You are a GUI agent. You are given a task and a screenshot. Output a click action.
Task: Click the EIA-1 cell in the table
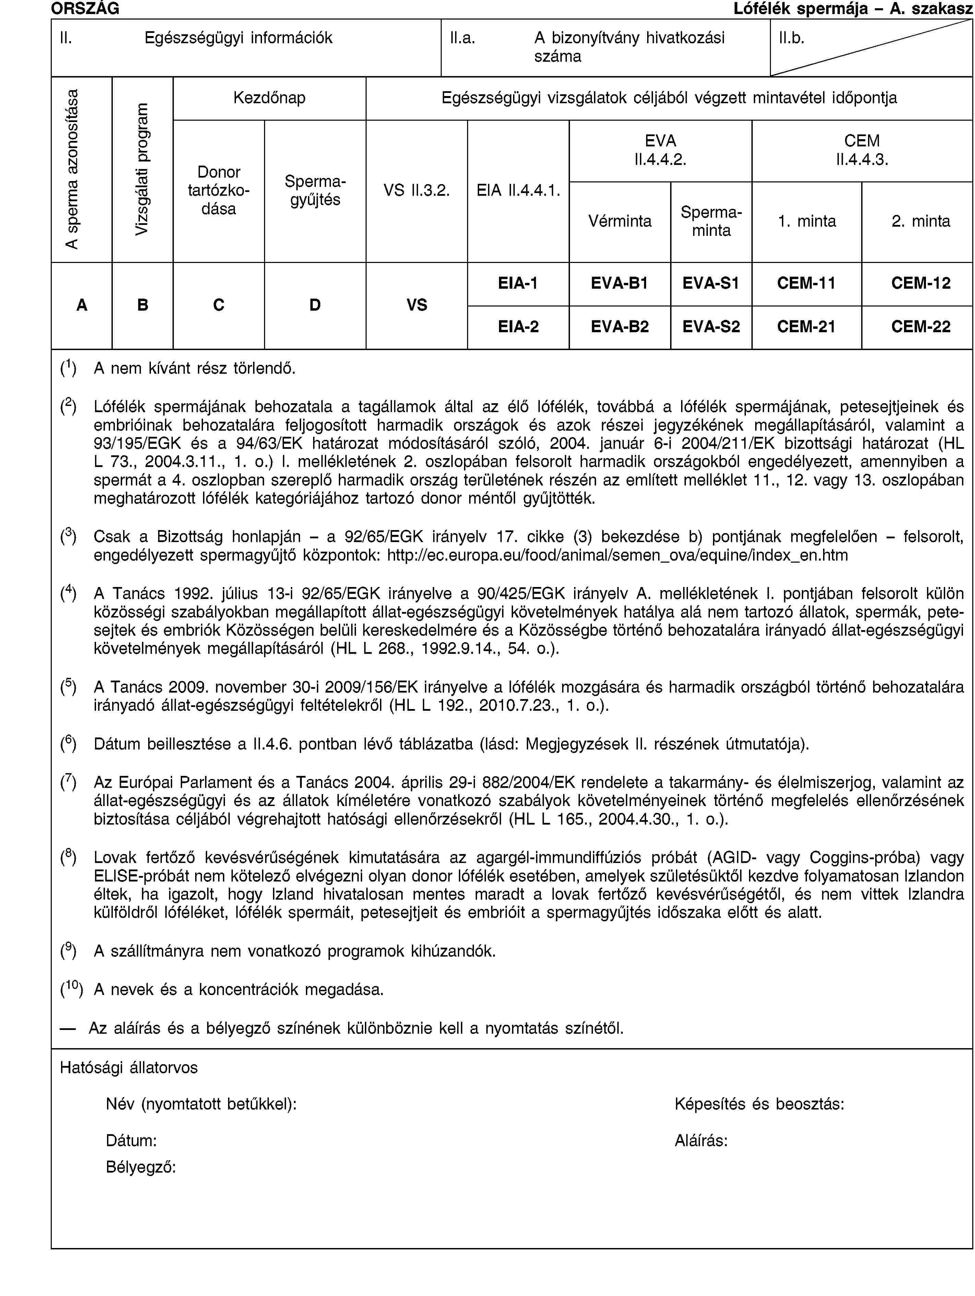click(518, 284)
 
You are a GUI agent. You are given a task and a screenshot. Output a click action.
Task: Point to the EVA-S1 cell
click(710, 284)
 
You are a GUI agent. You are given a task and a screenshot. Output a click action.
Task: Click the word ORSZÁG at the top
click(85, 8)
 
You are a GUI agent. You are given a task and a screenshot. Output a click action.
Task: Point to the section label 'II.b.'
click(791, 38)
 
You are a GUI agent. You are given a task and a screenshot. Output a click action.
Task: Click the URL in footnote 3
click(618, 555)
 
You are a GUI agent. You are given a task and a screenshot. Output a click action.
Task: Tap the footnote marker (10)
click(71, 989)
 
